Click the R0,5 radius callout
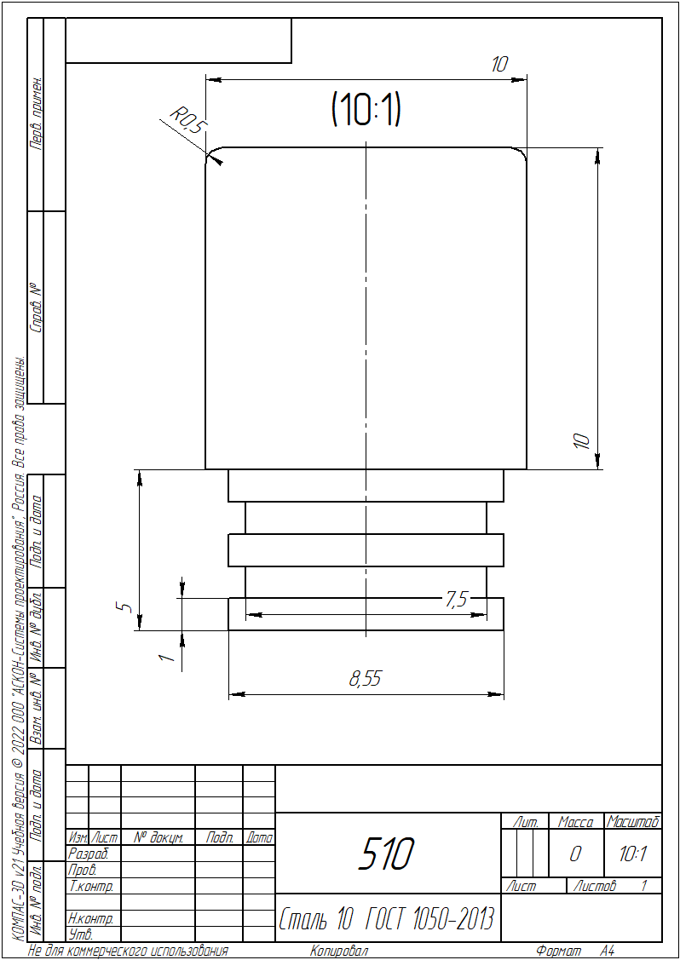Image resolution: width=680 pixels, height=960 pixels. click(x=188, y=118)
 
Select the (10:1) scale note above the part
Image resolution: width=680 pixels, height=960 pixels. click(x=366, y=110)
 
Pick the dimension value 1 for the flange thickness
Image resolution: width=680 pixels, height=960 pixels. click(x=167, y=658)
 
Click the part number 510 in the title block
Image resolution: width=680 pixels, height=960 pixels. click(x=388, y=854)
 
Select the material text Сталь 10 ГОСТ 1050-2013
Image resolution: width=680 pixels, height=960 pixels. click(x=387, y=917)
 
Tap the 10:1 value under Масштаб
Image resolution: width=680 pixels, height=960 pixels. click(x=632, y=854)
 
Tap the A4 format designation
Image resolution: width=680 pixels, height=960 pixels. click(x=607, y=951)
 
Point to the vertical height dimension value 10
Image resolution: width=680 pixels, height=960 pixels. click(x=583, y=441)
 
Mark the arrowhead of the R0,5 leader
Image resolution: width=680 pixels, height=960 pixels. click(x=215, y=158)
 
